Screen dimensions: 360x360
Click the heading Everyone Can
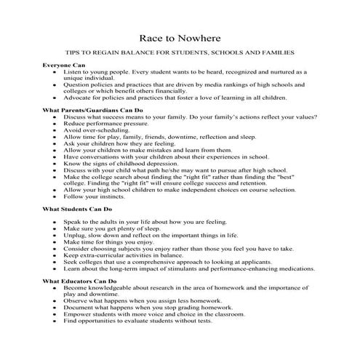tap(64, 65)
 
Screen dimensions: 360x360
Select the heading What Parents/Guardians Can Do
tap(92, 110)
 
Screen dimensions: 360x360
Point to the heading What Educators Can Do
tap(80, 279)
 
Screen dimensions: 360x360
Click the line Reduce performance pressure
tap(105, 124)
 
